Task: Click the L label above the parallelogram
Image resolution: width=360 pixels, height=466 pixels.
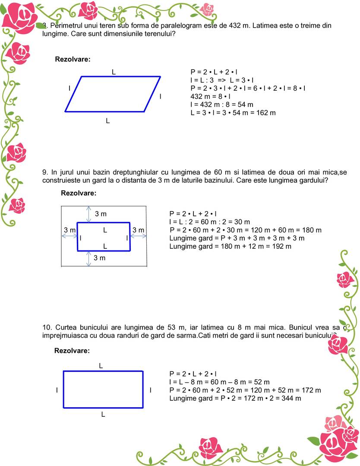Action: coord(114,72)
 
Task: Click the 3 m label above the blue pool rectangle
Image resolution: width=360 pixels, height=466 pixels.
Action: coord(101,214)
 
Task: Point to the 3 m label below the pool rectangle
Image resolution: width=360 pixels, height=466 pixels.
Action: coord(100,258)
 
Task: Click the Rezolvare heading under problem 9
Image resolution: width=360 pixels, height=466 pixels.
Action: coord(79,193)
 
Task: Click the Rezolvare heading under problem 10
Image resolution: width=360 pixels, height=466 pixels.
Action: coord(72,351)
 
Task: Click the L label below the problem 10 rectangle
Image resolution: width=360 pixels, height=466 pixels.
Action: coord(103,414)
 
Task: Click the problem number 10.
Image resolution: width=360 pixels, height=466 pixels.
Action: coord(47,327)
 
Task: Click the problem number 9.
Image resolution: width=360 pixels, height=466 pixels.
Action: coord(45,172)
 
